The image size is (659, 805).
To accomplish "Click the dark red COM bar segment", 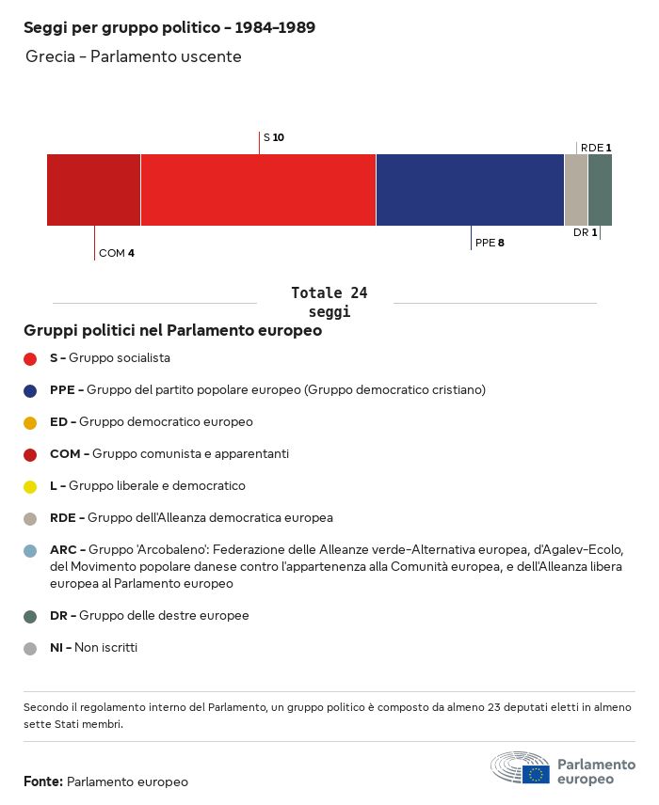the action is point(93,189).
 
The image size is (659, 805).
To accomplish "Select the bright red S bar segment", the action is point(258,189).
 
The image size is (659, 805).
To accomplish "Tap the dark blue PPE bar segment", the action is point(470,189).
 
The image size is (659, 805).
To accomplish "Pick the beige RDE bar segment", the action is point(576,189).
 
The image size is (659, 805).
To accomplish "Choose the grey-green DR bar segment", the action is point(600,189).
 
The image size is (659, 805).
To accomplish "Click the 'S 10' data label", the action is point(273,137).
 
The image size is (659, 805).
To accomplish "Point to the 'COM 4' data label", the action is point(117,253).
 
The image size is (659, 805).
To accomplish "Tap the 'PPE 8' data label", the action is point(490,243).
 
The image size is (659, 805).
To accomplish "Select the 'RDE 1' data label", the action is point(596,148).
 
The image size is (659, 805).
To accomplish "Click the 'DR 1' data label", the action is point(586,232).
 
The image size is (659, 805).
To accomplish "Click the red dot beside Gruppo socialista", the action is point(30,359).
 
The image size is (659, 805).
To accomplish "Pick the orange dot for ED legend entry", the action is point(30,423).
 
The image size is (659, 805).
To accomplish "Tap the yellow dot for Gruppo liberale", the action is point(30,487).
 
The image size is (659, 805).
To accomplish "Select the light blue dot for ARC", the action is point(30,551).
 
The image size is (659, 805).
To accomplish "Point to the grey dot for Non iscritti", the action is point(30,648).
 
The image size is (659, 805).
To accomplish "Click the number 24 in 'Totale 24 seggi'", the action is point(359,293).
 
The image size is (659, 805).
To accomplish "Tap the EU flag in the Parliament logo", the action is point(537,774).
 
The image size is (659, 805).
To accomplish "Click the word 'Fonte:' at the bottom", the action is point(43,781).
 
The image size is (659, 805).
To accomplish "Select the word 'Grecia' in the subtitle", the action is point(51,56).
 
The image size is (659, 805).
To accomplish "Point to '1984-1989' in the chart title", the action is point(275,27).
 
